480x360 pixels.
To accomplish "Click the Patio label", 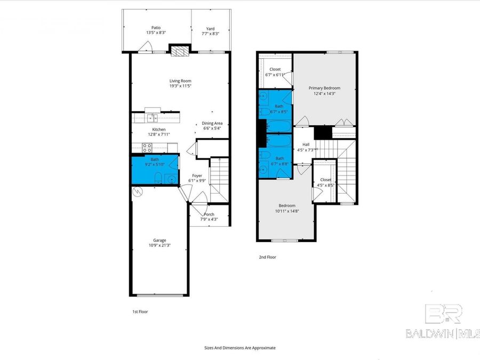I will (156, 27).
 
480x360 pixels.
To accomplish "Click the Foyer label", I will (197, 175).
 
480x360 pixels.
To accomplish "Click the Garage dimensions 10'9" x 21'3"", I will (160, 246).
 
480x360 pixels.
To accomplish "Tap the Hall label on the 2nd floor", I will (306, 145).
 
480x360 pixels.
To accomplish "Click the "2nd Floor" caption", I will (267, 257).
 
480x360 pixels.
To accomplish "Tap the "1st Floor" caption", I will (140, 311).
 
